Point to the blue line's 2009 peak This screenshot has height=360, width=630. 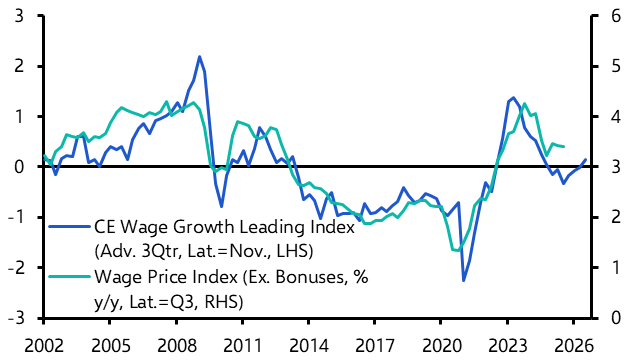[x=199, y=57]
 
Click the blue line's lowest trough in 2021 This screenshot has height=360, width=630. [x=463, y=279]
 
